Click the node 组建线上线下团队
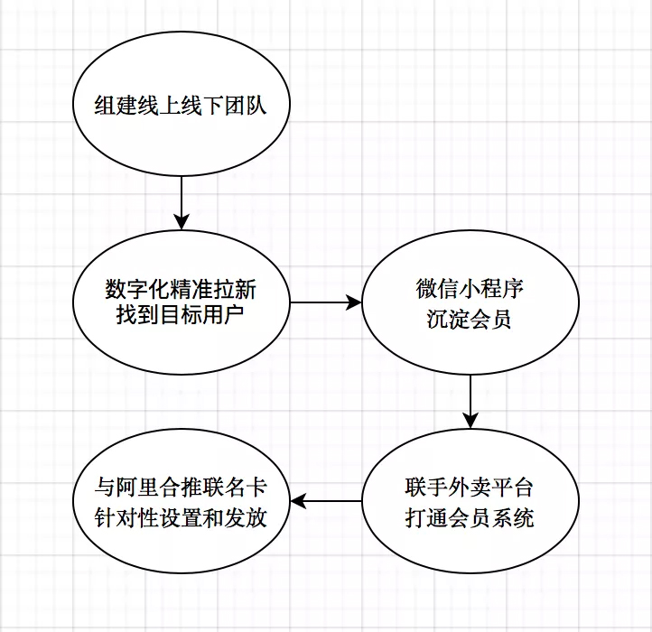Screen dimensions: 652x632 (182, 104)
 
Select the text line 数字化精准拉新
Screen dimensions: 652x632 (181, 290)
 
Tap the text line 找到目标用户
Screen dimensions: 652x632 (180, 315)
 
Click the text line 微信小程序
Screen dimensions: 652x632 (470, 289)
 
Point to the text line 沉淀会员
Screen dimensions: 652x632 (469, 320)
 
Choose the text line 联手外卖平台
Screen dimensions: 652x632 (469, 488)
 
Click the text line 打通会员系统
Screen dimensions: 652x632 (470, 518)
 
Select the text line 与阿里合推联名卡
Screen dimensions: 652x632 (181, 488)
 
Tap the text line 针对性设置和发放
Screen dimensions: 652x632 (181, 518)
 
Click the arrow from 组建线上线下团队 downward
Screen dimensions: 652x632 (182, 203)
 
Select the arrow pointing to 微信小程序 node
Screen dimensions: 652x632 (326, 302)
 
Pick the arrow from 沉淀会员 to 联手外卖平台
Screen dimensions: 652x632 (470, 402)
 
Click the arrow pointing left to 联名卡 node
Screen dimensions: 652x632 (326, 501)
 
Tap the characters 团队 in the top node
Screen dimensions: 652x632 (246, 105)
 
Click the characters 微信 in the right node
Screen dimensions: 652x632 (436, 289)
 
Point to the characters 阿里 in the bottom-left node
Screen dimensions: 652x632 (137, 488)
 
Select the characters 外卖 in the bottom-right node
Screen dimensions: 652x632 (470, 488)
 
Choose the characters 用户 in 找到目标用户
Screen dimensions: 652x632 (223, 315)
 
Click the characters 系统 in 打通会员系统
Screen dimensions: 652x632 (513, 518)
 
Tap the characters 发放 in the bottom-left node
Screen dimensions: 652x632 (246, 518)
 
